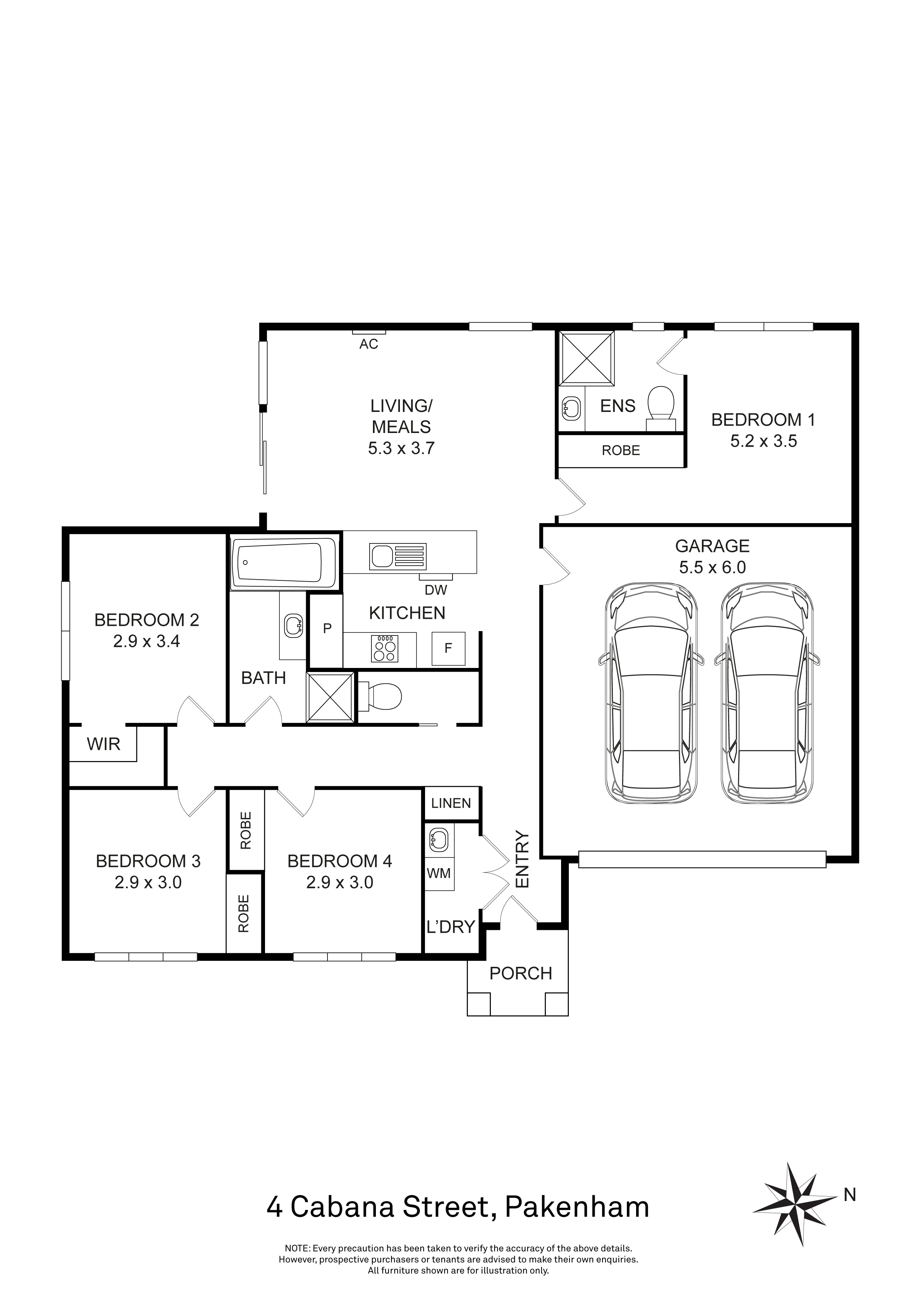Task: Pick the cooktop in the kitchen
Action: pos(385,649)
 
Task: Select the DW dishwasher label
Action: pos(436,590)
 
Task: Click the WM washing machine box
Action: pos(439,873)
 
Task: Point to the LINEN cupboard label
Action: pos(451,803)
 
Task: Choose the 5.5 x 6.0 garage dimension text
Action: pos(713,567)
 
